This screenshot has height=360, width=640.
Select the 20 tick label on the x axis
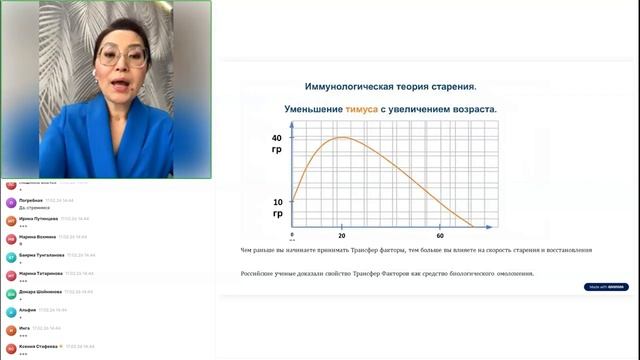pyautogui.click(x=342, y=235)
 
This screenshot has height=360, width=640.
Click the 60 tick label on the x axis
pyautogui.click(x=440, y=235)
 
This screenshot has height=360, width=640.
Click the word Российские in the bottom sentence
pyautogui.click(x=261, y=274)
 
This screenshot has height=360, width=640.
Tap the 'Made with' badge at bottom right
pyautogui.click(x=606, y=287)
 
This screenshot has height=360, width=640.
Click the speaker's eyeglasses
pyautogui.click(x=120, y=56)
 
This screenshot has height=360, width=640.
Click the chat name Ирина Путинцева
pyautogui.click(x=38, y=217)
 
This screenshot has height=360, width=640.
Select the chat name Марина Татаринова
pyautogui.click(x=42, y=273)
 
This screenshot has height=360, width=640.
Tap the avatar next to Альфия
pyautogui.click(x=10, y=312)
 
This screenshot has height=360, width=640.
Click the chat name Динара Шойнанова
pyautogui.click(x=42, y=291)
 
